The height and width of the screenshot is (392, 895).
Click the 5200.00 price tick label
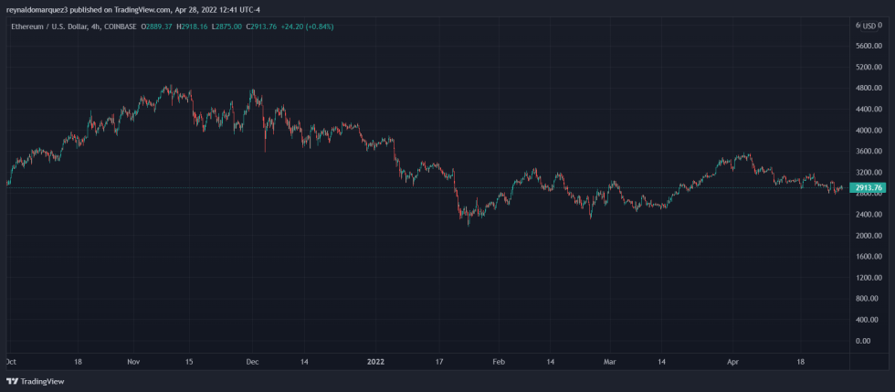point(868,68)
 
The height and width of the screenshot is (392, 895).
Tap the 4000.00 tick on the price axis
point(868,131)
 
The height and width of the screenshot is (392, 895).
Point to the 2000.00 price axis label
point(868,236)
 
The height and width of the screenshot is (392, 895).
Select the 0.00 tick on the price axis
point(862,341)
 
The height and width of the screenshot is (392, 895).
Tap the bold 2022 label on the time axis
point(375,362)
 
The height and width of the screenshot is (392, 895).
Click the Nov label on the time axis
point(133,362)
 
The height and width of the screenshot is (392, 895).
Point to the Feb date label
point(498,362)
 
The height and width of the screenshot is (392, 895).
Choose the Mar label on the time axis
point(609,362)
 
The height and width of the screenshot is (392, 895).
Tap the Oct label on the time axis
point(11,362)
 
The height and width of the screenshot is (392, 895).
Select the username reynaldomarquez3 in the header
point(41,9)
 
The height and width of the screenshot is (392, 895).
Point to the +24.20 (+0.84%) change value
point(306,26)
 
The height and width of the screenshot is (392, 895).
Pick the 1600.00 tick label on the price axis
point(868,257)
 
